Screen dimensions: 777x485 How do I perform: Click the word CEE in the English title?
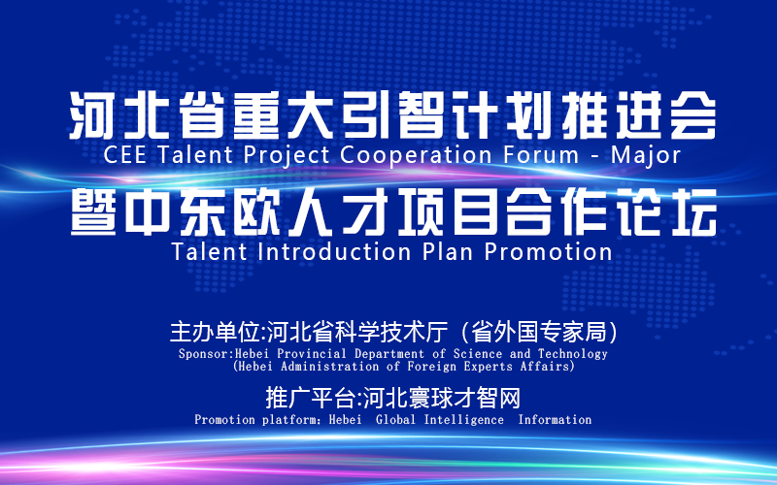(125, 155)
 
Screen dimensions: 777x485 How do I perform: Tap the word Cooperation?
(417, 155)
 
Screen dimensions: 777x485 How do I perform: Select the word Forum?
(541, 155)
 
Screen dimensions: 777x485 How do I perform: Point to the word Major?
(646, 156)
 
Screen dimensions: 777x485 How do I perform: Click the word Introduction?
(334, 251)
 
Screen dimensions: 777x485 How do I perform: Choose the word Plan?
(448, 251)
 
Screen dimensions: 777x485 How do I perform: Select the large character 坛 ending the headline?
(693, 212)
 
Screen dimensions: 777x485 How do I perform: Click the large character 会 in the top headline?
(693, 115)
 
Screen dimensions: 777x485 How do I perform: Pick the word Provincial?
(312, 354)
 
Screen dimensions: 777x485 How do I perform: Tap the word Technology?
(573, 354)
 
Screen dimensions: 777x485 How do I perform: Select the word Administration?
(330, 367)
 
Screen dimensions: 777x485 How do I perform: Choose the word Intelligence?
(464, 420)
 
